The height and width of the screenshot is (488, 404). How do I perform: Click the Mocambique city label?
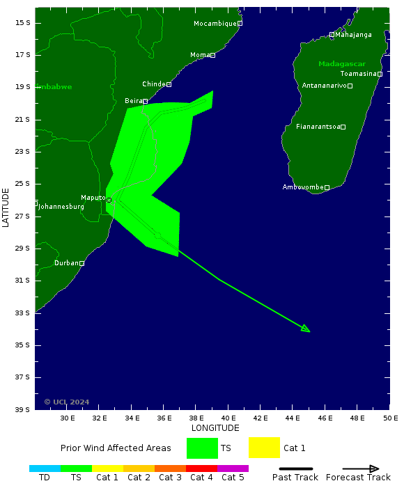coord(215,24)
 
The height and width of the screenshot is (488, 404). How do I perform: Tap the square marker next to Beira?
coord(145,101)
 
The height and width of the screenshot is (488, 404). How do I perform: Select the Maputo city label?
coord(93,198)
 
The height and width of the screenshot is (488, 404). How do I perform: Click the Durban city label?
coord(66,263)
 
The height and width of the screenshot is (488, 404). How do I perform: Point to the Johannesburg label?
coord(61,207)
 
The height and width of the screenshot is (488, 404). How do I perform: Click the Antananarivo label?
coord(324,86)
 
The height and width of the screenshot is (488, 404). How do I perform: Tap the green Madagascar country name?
coord(342,64)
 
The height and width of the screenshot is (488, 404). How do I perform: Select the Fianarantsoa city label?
coord(318,127)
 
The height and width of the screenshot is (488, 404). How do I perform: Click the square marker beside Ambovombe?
coord(327,187)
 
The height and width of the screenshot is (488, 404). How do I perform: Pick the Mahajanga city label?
coord(353,35)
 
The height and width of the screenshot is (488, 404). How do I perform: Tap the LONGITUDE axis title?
coord(215,428)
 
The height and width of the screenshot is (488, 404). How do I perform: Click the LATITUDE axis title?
coord(6,207)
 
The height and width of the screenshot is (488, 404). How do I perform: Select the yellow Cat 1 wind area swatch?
coord(264,448)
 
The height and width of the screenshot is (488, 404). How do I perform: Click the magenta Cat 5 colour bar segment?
coord(233,469)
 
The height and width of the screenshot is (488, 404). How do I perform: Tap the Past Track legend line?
coord(295,469)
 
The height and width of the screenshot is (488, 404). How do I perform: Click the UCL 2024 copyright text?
coord(67,402)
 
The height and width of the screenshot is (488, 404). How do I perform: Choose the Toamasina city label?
coord(358,74)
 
